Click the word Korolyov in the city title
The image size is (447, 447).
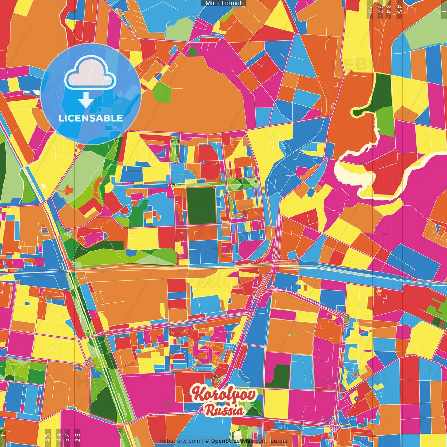point(223,394)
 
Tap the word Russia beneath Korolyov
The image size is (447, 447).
point(224,410)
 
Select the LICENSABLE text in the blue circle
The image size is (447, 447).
point(90,118)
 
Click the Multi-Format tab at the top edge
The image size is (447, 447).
point(223,3)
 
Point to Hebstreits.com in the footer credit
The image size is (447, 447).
point(179,441)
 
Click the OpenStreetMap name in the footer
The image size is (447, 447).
point(232,441)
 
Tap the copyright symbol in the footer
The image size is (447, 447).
point(207,441)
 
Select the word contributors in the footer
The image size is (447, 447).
point(271,441)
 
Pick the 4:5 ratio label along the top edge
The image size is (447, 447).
point(400,9)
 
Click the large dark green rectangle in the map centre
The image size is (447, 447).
point(201,206)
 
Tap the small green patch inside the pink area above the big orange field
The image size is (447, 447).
point(193,51)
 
